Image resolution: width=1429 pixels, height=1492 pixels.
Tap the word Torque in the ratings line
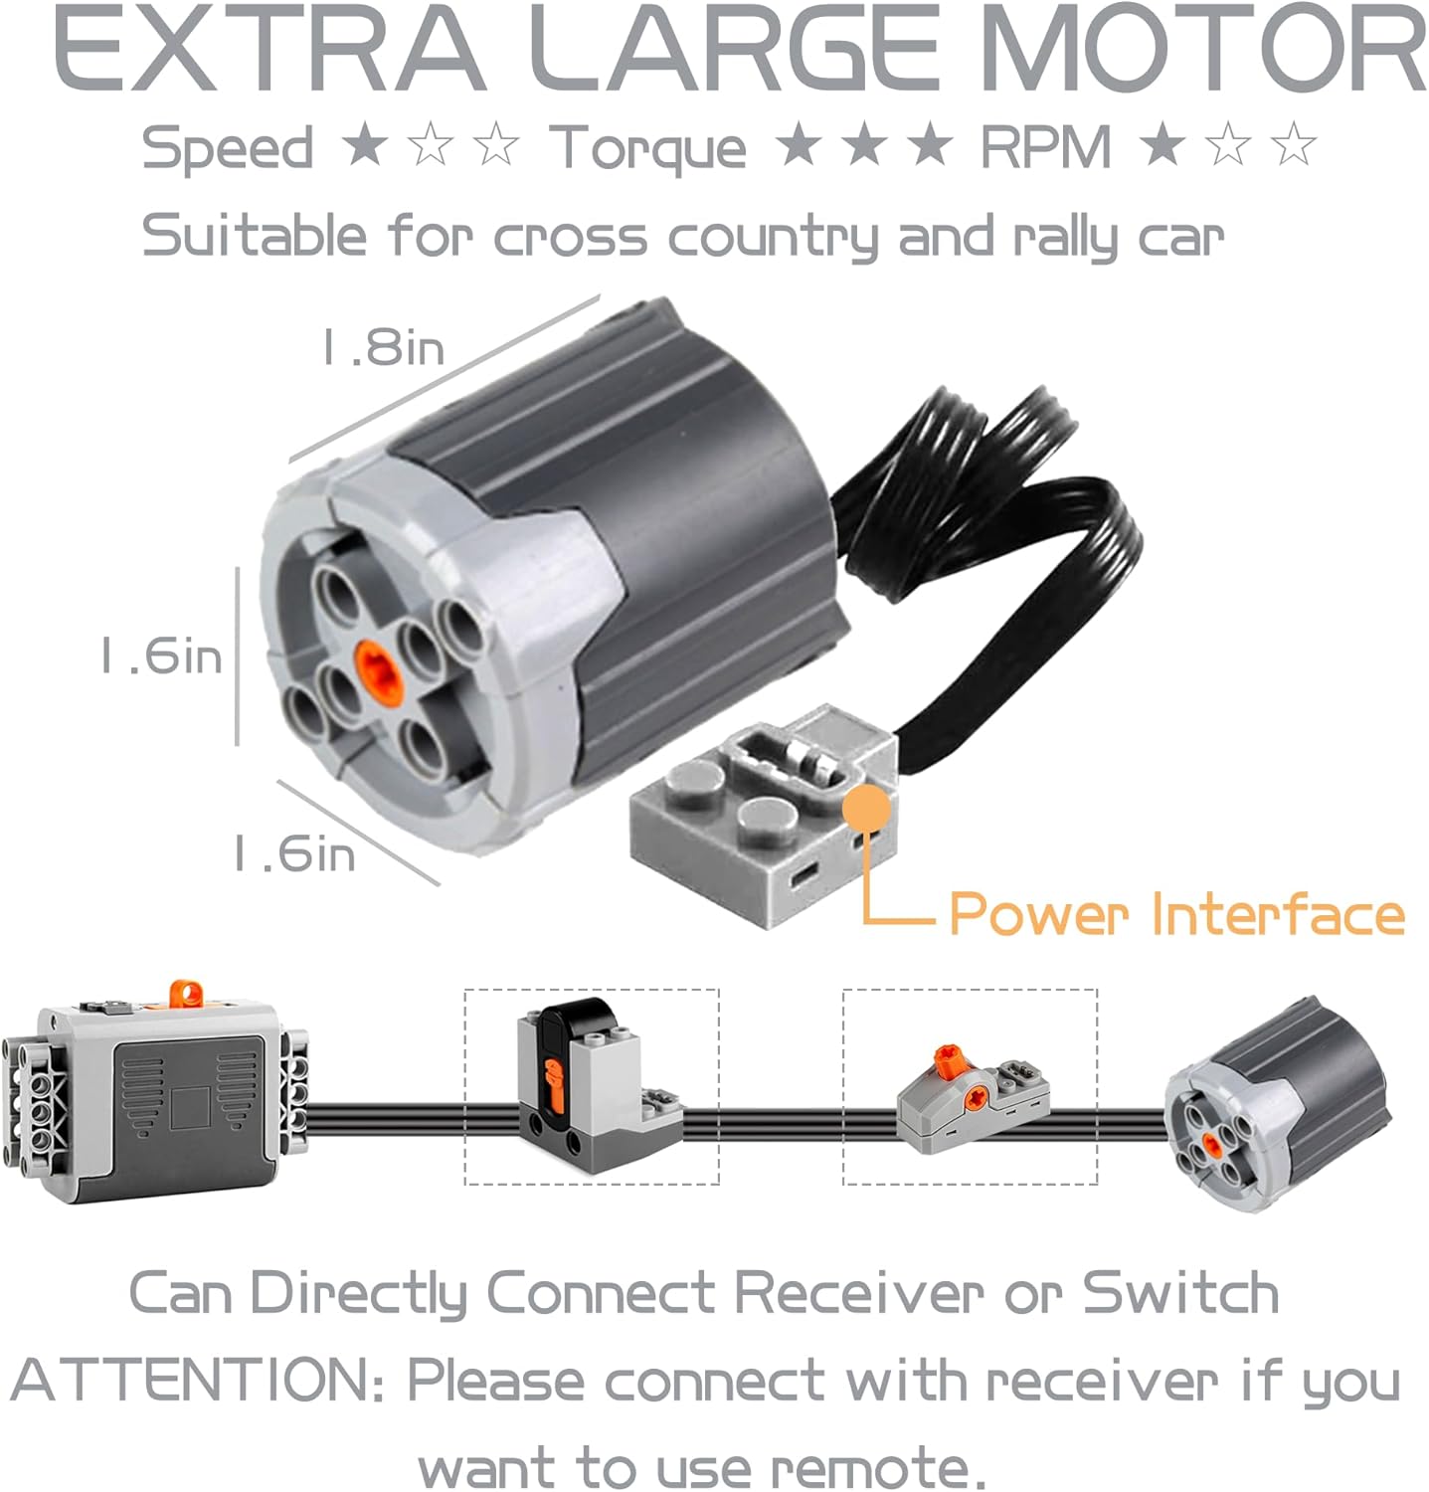[x=647, y=149]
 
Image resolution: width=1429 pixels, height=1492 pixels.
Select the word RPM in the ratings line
[x=1045, y=147]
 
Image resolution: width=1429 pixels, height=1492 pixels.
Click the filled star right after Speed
[x=364, y=145]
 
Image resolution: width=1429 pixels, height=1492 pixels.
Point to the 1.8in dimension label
[x=383, y=348]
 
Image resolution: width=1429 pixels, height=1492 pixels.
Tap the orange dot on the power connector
[x=866, y=809]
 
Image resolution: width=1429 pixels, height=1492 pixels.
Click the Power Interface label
[x=1177, y=913]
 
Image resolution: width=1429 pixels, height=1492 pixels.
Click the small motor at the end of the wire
[x=1279, y=1104]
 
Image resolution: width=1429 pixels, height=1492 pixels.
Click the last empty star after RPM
[x=1294, y=145]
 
